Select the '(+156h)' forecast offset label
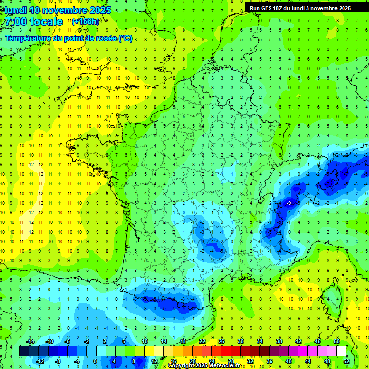(86, 22)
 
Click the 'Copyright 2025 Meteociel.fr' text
(204, 366)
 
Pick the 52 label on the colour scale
(346, 361)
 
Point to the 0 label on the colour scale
(95, 361)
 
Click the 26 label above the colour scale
(221, 341)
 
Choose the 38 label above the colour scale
(279, 341)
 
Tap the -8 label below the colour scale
(58, 361)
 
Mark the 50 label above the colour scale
(336, 341)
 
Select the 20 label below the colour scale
(192, 361)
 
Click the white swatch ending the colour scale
(341, 351)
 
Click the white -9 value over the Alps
(289, 204)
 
